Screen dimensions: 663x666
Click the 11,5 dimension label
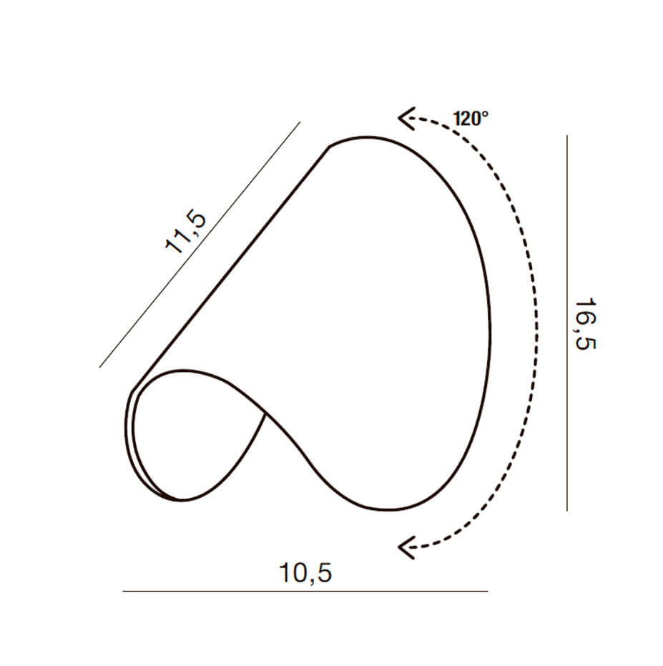point(186,232)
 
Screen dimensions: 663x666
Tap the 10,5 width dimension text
point(305,573)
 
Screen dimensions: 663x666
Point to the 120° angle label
point(471,119)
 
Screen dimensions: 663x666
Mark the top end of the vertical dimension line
point(567,136)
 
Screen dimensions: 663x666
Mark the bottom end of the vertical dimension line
point(567,511)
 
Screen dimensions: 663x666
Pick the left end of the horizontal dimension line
point(123,591)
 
